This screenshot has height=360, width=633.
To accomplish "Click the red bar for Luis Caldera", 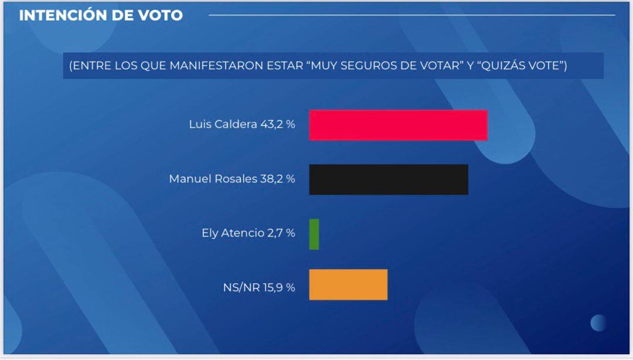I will tap(398, 125).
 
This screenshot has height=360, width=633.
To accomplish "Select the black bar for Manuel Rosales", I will tap(389, 179).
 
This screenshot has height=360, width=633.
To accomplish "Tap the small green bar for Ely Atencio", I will tap(314, 234).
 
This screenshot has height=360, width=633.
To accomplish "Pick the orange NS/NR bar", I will tap(348, 284).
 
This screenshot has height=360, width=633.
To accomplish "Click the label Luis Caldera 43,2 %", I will tap(241, 125).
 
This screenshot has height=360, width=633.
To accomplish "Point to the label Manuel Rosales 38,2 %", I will tap(232, 179).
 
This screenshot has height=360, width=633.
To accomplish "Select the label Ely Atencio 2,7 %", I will tap(248, 233).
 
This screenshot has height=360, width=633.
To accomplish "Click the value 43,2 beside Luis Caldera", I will tap(271, 125).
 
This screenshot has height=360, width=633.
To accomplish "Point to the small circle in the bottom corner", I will tap(598, 322).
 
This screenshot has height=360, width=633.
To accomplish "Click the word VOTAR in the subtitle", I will tap(437, 66).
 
